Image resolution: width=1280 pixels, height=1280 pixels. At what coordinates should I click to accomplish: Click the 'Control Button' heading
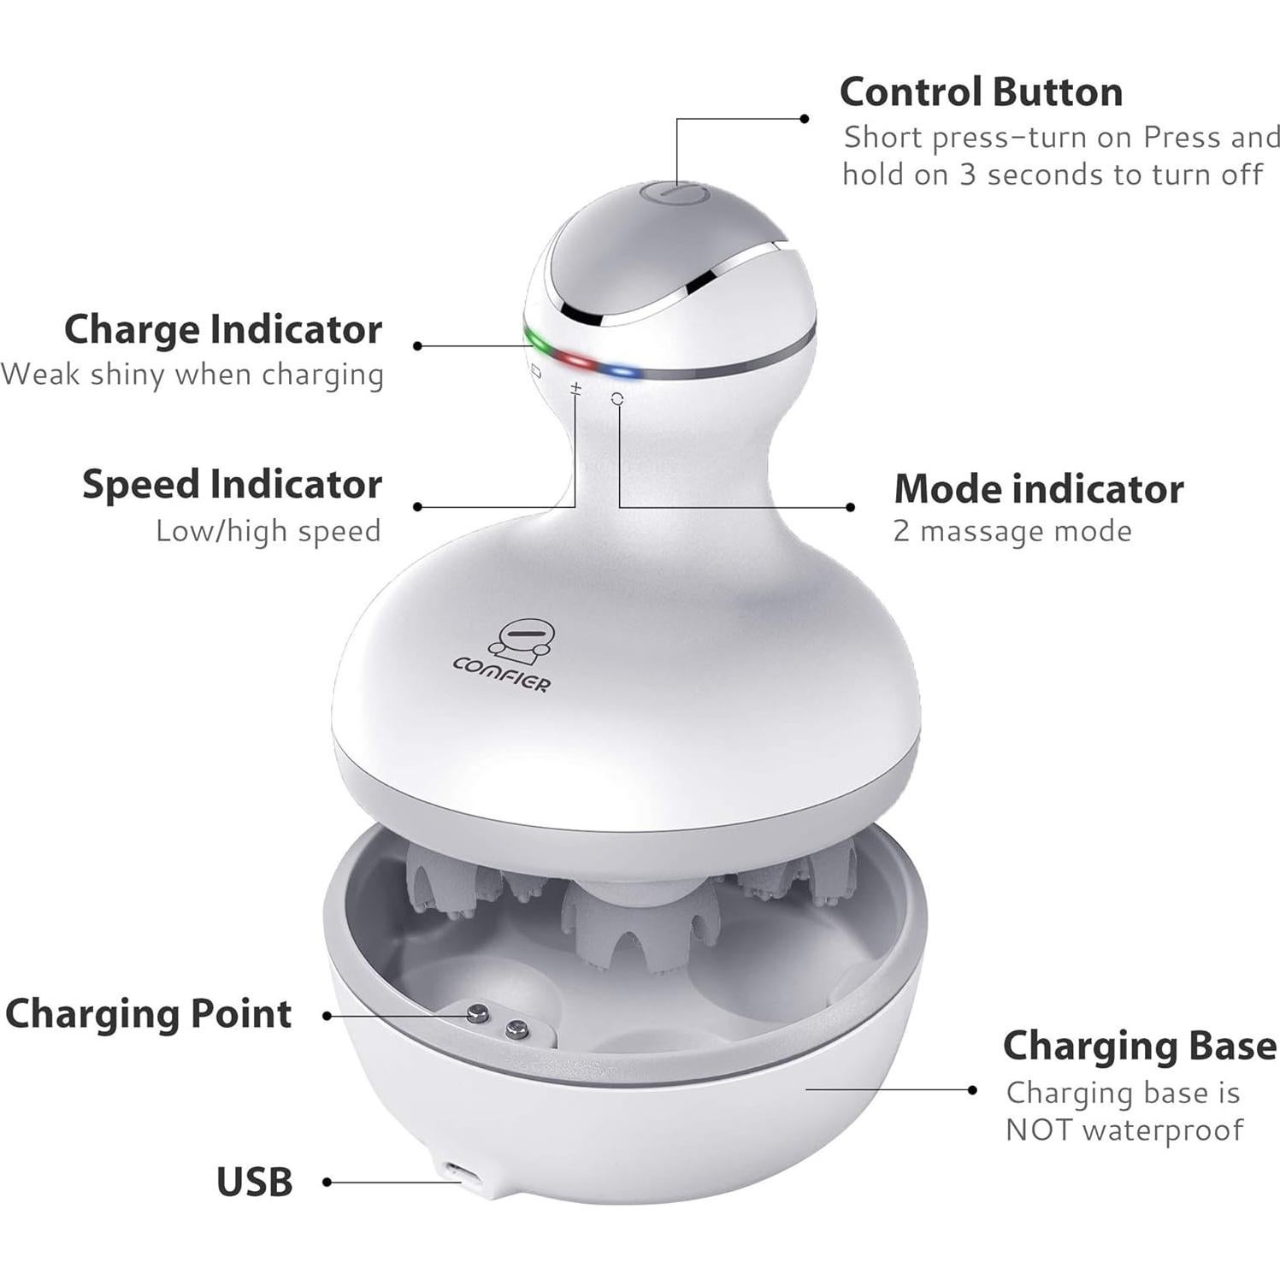[981, 92]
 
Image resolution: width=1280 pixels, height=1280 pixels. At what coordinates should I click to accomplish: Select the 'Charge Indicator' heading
[223, 330]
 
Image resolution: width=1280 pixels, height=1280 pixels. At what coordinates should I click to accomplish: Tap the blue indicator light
[619, 372]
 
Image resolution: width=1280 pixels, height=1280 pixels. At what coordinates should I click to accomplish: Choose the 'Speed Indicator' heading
[232, 485]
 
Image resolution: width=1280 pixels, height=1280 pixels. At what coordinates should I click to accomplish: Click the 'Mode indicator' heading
[1038, 489]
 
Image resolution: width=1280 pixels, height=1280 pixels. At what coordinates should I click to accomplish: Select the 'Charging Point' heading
[149, 1014]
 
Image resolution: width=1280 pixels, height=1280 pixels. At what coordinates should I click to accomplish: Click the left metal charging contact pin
[477, 1015]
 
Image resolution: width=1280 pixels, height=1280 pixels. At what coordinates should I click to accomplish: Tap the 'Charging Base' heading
[1139, 1046]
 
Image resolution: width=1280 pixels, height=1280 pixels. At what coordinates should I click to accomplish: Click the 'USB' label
[254, 1183]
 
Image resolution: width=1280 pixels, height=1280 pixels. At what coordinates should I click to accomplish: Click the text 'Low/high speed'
[268, 531]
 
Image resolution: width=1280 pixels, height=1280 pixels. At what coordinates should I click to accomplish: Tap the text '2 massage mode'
[1012, 532]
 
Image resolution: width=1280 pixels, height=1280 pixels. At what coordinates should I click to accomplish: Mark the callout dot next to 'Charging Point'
[327, 1017]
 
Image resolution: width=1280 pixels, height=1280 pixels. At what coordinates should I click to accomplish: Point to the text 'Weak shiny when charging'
[193, 375]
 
